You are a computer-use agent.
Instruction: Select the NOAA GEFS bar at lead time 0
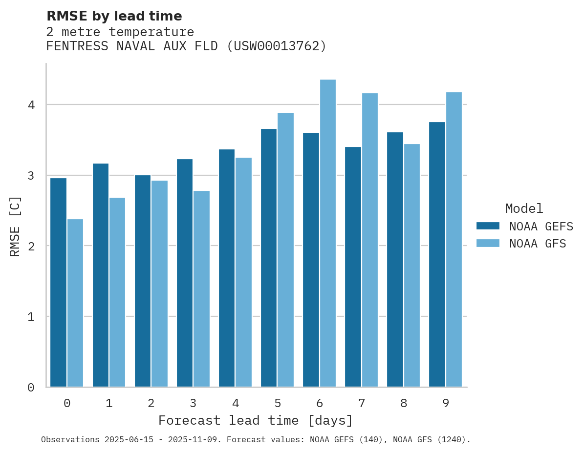(58, 283)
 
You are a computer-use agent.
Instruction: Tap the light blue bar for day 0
(75, 303)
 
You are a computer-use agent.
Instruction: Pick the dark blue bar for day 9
(437, 254)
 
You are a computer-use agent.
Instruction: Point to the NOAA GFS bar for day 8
(412, 266)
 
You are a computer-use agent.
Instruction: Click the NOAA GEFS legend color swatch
(488, 226)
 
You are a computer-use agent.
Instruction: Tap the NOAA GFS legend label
(538, 244)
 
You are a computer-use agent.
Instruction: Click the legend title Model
(524, 208)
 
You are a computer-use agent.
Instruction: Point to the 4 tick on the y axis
(31, 105)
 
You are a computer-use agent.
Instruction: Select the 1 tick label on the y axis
(31, 317)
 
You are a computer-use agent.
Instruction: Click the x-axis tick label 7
(362, 403)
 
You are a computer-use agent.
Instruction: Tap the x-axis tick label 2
(151, 403)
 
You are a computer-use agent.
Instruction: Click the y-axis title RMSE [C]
(15, 226)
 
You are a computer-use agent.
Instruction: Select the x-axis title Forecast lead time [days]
(255, 420)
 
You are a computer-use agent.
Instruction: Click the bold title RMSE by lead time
(114, 16)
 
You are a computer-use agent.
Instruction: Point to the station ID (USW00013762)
(277, 46)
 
